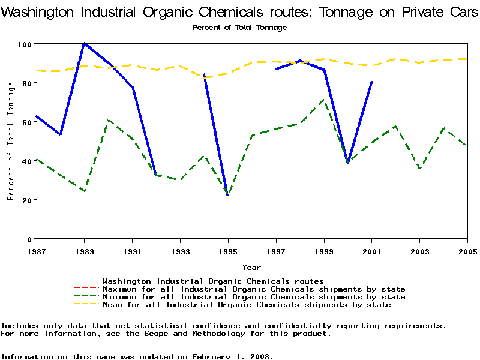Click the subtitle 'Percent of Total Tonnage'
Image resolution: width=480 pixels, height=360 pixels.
click(239, 28)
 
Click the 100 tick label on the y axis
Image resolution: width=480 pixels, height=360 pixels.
click(25, 44)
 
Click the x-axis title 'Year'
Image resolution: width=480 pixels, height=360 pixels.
click(251, 267)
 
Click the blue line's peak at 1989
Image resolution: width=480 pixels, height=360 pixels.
click(85, 43)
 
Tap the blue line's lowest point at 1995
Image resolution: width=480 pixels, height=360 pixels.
click(228, 195)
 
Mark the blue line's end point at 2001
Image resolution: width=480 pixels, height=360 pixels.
click(372, 82)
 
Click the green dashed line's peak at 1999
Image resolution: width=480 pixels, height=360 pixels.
click(324, 100)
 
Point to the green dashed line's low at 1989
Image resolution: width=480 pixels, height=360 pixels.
click(85, 191)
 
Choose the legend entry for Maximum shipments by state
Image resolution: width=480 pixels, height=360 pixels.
click(254, 289)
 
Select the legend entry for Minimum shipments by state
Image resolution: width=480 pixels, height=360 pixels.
click(254, 297)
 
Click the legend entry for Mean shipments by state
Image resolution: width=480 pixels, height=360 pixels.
click(247, 305)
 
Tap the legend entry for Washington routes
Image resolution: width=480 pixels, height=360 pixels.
click(213, 281)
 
